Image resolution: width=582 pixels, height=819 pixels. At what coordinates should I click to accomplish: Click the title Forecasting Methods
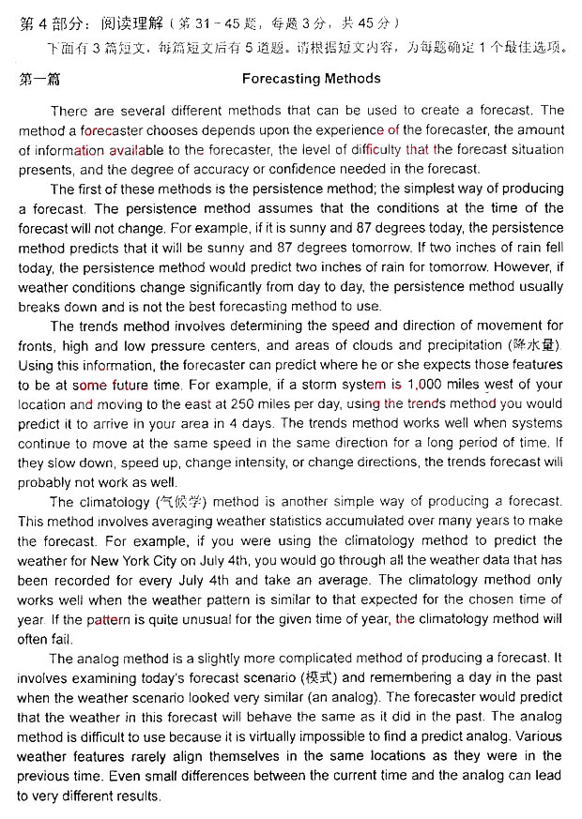pyautogui.click(x=311, y=79)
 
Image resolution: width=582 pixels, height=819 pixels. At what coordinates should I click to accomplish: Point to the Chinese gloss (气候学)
pyautogui.click(x=181, y=502)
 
